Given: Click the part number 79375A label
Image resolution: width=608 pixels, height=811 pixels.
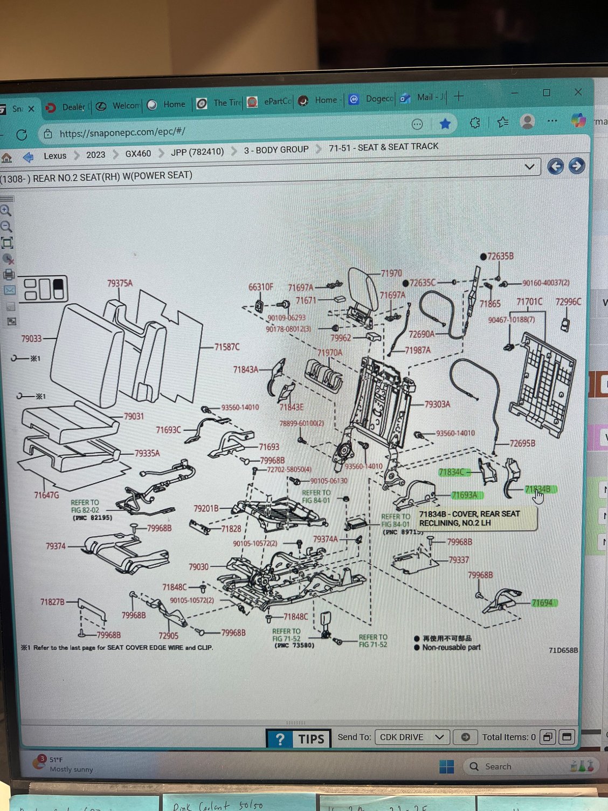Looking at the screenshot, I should pos(120,283).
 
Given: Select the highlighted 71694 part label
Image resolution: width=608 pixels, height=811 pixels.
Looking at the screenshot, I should pos(542,603).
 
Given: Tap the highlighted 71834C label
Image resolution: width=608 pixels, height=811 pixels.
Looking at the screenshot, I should pos(452,472).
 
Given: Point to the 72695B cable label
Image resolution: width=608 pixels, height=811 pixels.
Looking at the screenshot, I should pos(522,443).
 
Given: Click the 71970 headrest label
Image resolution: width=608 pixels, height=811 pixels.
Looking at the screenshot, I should pos(391,273).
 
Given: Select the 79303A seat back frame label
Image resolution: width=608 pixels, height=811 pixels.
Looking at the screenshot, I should pos(437,404).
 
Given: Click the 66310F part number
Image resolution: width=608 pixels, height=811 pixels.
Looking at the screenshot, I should pos(260,287).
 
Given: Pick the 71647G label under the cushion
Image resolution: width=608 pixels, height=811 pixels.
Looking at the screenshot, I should pos(46,494).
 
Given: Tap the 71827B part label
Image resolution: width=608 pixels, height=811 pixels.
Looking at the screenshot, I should pos(52,601).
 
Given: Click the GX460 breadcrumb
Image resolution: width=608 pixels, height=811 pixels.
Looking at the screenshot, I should pos(138,154).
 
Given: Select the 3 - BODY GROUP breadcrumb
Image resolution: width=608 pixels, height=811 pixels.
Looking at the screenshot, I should pos(276,150).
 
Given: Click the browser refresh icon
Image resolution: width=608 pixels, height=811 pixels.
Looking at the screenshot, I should pos(22,135).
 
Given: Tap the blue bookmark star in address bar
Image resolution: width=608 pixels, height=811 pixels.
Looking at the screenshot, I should pos(445,124).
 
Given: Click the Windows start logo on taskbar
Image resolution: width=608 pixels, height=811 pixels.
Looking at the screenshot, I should pos(446,766).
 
